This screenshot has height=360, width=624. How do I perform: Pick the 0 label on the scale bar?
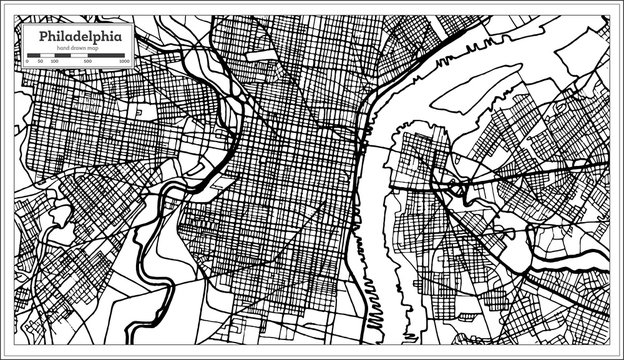(x=26, y=62)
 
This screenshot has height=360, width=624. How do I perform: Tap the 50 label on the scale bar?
(x=41, y=62)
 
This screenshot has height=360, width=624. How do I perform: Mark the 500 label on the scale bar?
(x=89, y=62)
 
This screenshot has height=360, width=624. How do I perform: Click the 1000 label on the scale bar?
(x=124, y=62)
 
